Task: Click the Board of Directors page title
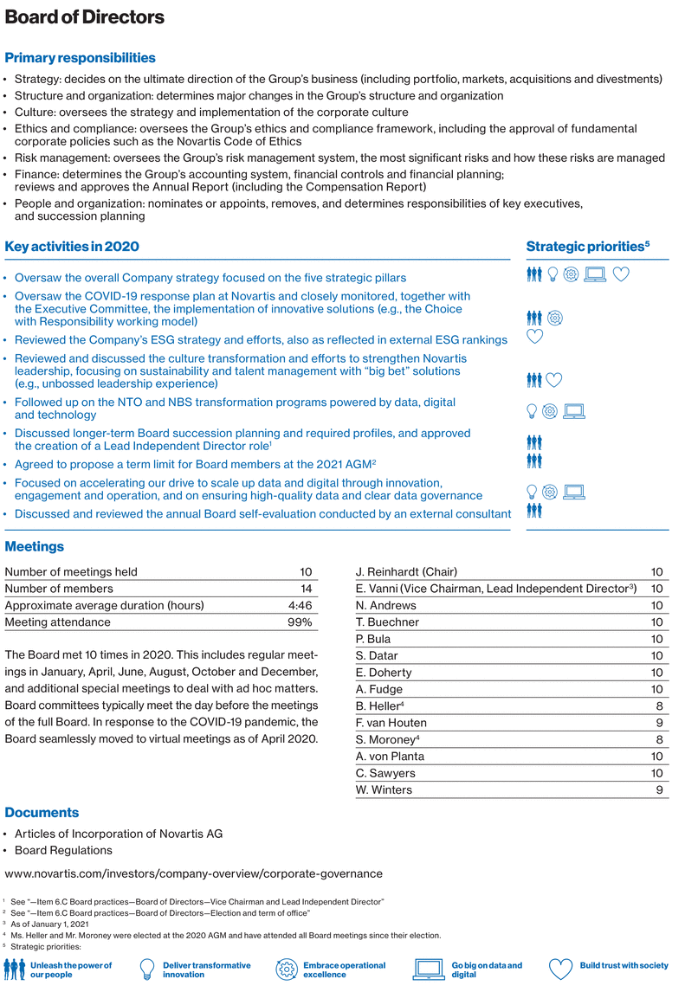[x=84, y=16]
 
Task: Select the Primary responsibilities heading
[x=81, y=58]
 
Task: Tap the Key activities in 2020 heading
[x=72, y=247]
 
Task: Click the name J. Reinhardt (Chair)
[x=406, y=572]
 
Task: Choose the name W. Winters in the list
[x=384, y=789]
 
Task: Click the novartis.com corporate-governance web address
[x=194, y=873]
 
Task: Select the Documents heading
[x=42, y=813]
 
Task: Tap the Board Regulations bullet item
[x=63, y=850]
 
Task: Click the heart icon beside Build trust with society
[x=561, y=969]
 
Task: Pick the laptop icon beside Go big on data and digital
[x=430, y=969]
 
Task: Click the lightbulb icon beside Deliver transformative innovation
[x=147, y=969]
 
